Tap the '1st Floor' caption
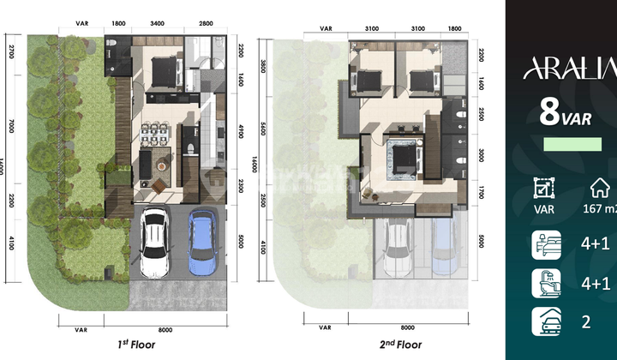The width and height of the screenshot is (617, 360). coord(141,345)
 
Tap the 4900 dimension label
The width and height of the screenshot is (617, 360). coord(243,131)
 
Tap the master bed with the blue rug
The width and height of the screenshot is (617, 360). coord(401,159)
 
